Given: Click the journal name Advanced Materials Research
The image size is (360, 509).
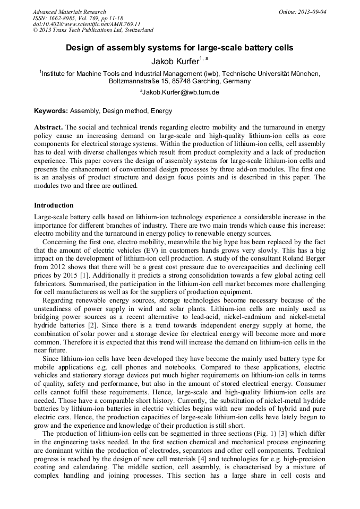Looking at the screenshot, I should pyautogui.click(x=70, y=12).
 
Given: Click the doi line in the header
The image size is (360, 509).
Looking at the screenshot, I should pyautogui.click(x=87, y=24).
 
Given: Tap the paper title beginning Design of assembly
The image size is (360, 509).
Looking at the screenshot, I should pyautogui.click(x=179, y=48).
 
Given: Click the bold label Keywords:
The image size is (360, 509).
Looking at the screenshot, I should pyautogui.click(x=50, y=111).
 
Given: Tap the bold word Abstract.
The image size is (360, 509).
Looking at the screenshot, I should pyautogui.click(x=48, y=128).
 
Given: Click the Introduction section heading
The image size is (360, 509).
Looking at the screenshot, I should pyautogui.click(x=54, y=205).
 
